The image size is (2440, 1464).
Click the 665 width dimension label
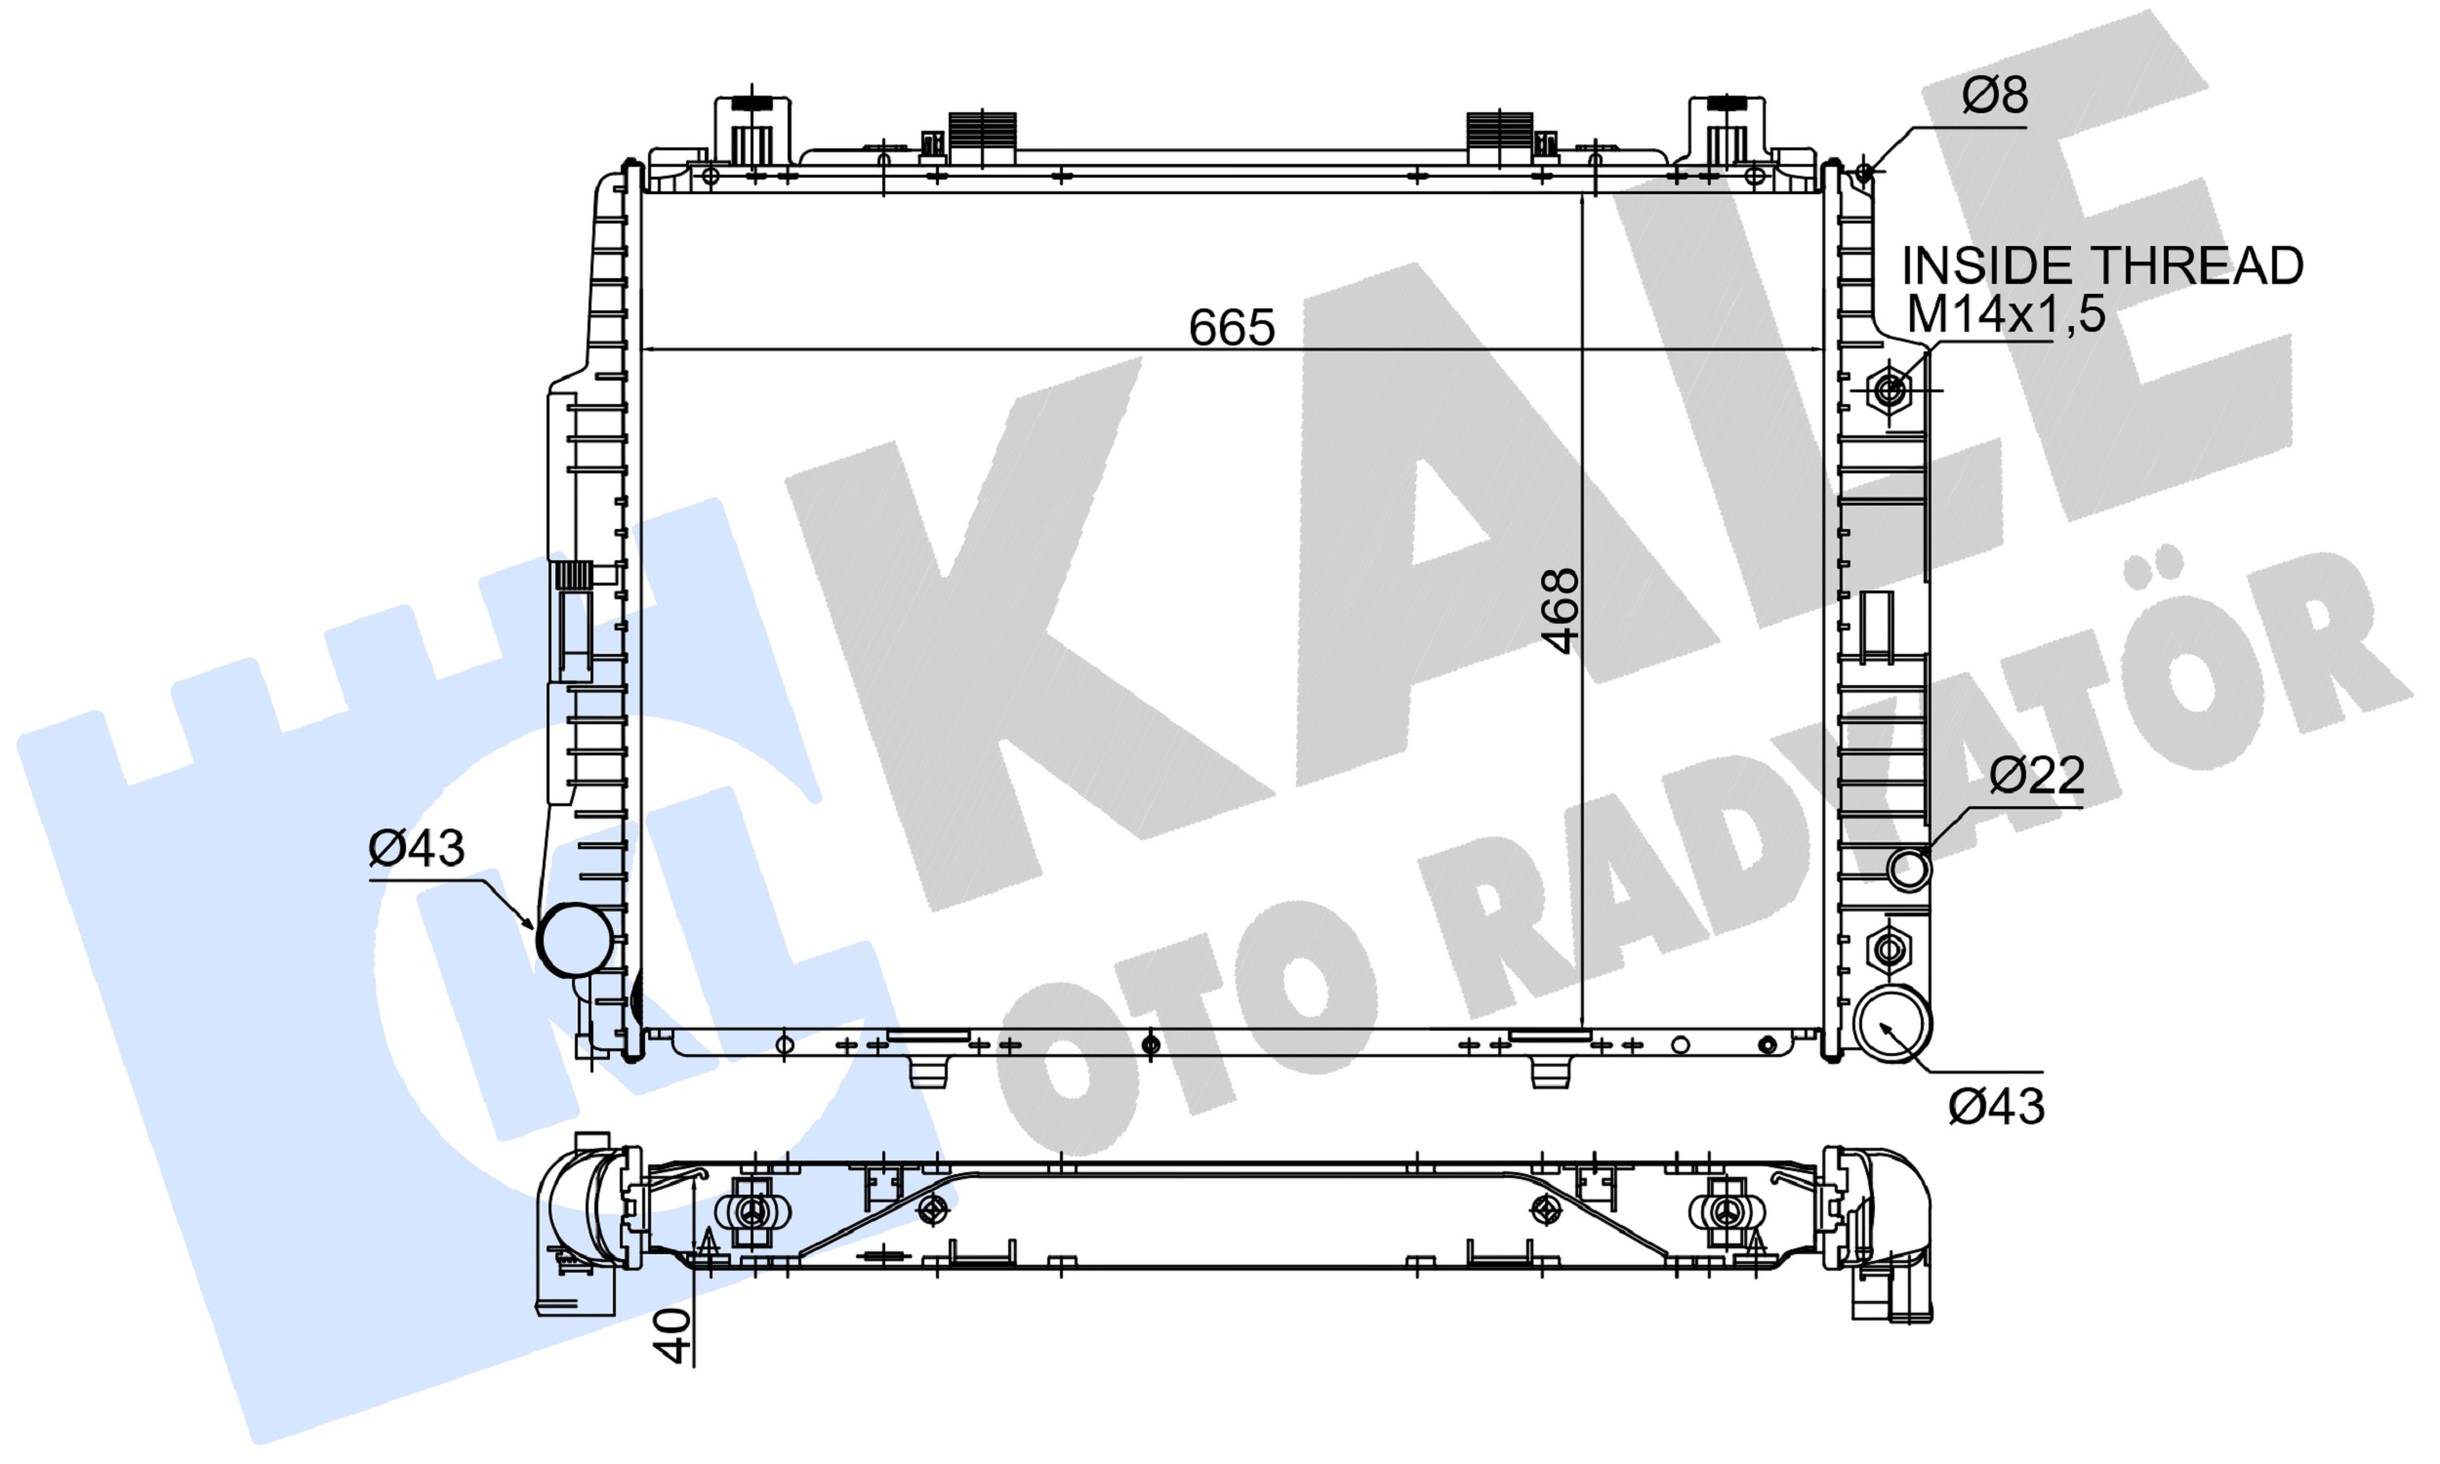pyautogui.click(x=1231, y=328)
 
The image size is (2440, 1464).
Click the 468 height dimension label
pyautogui.click(x=1562, y=611)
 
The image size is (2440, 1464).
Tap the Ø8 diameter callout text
pyautogui.click(x=1994, y=95)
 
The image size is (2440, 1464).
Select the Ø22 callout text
pyautogui.click(x=2037, y=774)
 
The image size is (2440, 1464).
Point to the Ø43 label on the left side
pyautogui.click(x=416, y=847)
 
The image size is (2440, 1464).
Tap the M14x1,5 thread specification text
pyautogui.click(x=2006, y=313)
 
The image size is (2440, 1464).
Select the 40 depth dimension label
pyautogui.click(x=672, y=1336)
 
